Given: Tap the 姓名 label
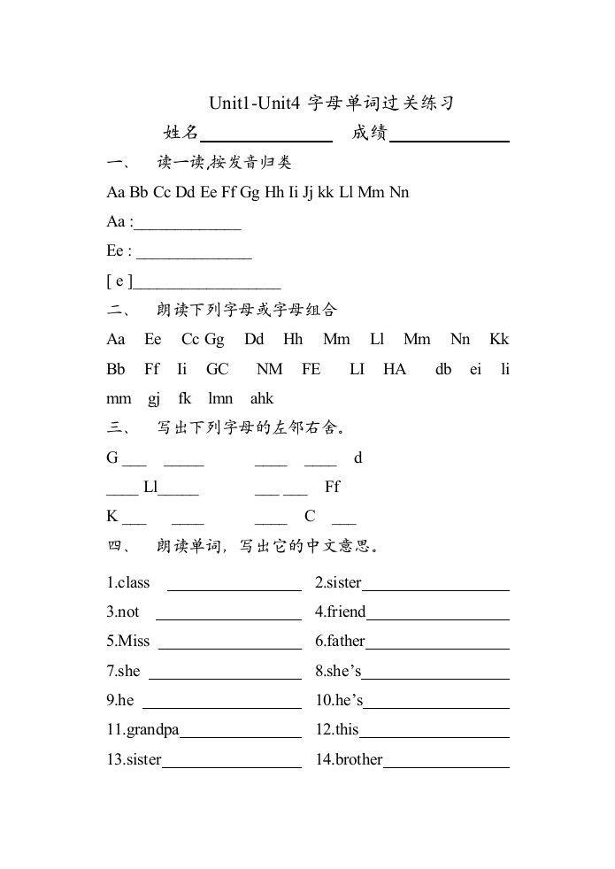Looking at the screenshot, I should click(181, 133).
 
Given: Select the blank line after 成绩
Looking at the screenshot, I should click(450, 140).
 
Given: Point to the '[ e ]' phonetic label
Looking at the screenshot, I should click(119, 281).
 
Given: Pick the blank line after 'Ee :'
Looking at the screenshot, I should click(195, 257).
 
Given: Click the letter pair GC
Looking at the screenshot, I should click(218, 369).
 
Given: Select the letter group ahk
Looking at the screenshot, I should click(263, 398).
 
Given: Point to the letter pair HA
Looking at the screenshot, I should click(395, 369).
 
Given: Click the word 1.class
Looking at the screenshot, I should click(128, 582).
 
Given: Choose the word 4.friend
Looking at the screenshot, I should click(341, 611).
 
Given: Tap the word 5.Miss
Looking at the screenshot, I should click(128, 641).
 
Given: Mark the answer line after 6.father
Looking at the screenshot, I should click(437, 649).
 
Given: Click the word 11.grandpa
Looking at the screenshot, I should click(142, 730).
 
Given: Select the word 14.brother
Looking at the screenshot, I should click(349, 759).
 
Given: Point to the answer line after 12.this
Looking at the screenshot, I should click(434, 736).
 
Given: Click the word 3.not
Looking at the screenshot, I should click(124, 611).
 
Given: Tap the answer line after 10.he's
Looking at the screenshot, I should click(436, 707).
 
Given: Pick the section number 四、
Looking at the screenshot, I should click(119, 546).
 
